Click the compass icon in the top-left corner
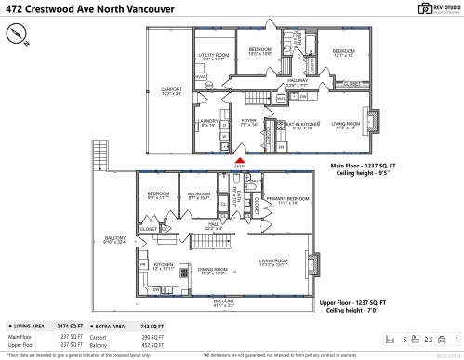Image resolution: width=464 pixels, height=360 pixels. [x=16, y=33]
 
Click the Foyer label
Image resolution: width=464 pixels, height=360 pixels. [x=248, y=121]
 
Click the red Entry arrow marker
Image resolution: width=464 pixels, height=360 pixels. [x=240, y=160]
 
